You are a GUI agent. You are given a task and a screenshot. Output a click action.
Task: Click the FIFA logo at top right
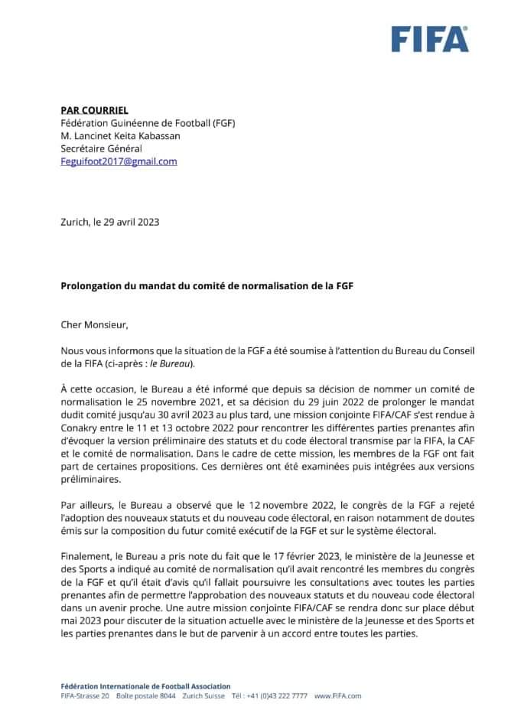click(x=430, y=38)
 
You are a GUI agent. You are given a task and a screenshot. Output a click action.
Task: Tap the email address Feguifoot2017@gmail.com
click(x=119, y=161)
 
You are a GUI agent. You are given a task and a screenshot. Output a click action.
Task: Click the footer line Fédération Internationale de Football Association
click(x=145, y=686)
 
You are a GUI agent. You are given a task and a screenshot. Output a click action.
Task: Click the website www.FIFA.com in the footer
click(x=337, y=696)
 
